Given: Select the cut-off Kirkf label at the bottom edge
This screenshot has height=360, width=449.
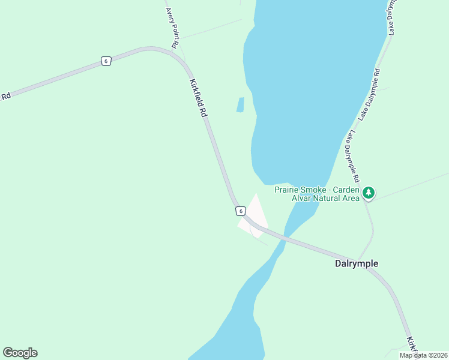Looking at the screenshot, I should (x=412, y=344).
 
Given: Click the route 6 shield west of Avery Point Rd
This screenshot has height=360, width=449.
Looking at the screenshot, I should (x=106, y=61).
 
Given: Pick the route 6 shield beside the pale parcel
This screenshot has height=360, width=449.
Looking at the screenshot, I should (x=240, y=211).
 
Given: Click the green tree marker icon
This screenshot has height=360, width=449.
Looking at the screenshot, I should (x=369, y=193).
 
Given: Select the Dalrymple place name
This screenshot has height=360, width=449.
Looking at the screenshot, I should (x=357, y=263).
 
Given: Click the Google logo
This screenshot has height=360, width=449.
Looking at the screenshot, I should (x=20, y=353).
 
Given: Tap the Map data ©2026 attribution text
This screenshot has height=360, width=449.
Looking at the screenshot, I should (x=423, y=355).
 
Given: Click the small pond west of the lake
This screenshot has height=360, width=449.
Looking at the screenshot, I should (x=241, y=105).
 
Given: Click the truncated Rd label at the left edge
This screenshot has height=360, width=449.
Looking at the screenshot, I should (x=5, y=96).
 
